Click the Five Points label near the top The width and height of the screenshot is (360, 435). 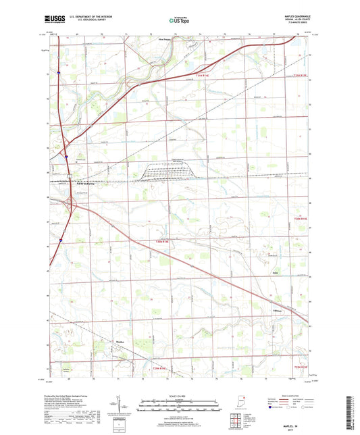click(164, 39)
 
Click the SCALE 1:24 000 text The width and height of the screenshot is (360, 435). click(180, 395)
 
